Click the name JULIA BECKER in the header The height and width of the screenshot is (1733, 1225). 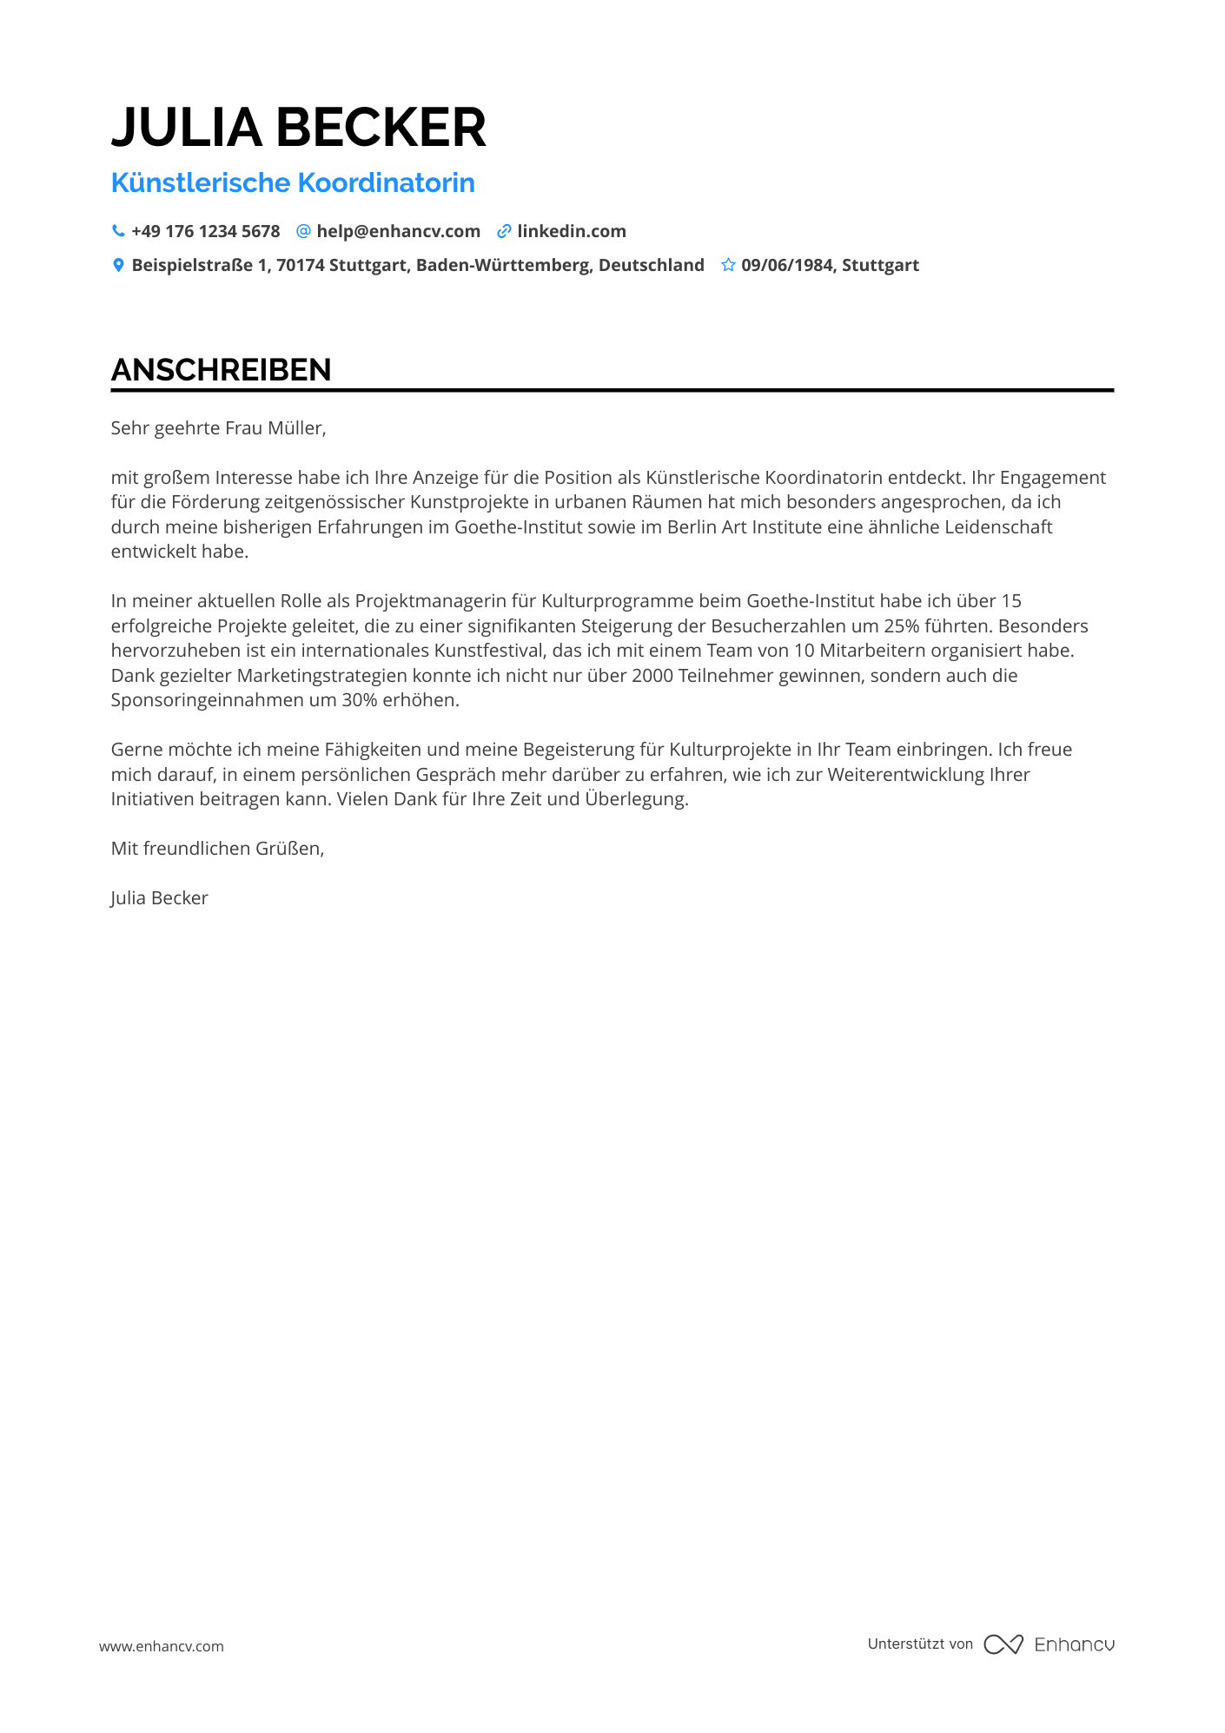click(298, 128)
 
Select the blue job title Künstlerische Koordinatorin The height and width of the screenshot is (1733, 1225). click(293, 183)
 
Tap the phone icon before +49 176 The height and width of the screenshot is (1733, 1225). click(118, 231)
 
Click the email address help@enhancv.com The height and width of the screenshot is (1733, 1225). click(398, 231)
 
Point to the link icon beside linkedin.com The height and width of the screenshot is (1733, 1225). click(504, 231)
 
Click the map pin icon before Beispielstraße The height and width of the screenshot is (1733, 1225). click(118, 265)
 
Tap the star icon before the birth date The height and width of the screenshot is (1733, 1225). click(728, 265)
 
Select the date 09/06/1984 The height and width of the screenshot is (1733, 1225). click(787, 265)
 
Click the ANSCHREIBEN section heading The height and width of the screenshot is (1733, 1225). click(221, 370)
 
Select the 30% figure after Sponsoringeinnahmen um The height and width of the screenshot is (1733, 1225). click(359, 700)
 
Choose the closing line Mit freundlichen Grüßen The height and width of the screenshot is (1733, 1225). click(217, 849)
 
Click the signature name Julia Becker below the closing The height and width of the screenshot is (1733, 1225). click(159, 898)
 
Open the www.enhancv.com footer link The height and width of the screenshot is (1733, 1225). click(161, 1646)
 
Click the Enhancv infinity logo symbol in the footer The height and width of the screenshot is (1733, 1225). click(1003, 1644)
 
